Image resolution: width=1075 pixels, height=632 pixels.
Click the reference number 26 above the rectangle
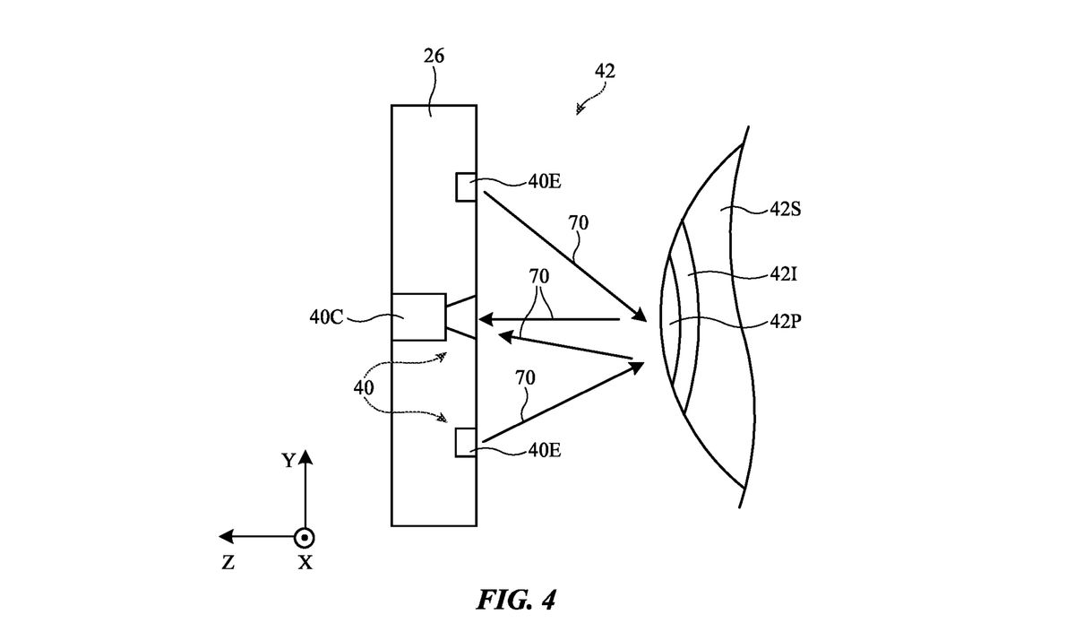point(434,57)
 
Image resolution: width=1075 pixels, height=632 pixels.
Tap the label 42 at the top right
point(604,71)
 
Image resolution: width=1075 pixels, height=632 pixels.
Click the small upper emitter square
point(466,186)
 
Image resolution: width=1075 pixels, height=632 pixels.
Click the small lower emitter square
point(466,443)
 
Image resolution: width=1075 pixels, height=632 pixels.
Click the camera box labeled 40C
point(418,316)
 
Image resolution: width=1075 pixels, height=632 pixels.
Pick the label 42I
point(781,275)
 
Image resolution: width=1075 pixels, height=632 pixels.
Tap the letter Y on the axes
point(288,461)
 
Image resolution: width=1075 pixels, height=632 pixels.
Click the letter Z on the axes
point(228,563)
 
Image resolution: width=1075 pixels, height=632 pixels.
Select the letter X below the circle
point(305,563)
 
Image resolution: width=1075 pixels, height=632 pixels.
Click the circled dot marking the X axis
point(305,537)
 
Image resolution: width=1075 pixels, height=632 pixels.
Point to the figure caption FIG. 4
point(515,600)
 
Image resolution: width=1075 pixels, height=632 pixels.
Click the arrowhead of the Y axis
point(305,458)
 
